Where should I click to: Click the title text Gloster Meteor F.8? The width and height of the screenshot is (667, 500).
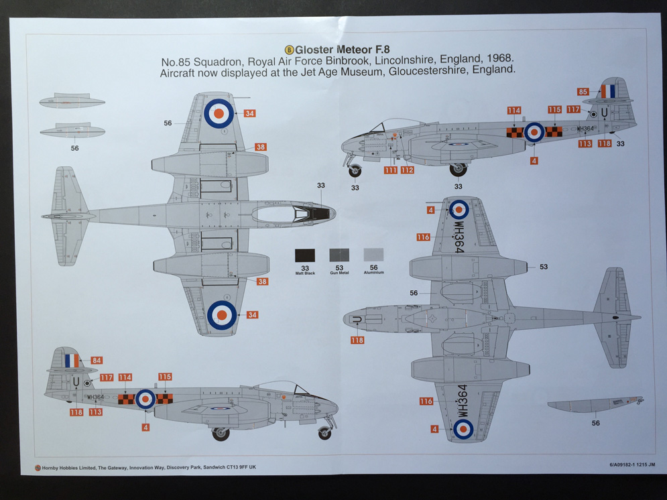(342, 49)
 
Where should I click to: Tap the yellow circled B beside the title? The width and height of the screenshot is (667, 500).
(290, 49)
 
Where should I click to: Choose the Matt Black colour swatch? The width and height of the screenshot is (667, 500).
(305, 255)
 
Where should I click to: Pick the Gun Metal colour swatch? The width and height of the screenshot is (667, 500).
(339, 255)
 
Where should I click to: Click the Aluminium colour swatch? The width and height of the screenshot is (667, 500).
(373, 255)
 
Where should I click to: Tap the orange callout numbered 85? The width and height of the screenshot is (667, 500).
(583, 91)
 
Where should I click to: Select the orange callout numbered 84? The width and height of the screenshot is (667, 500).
(96, 361)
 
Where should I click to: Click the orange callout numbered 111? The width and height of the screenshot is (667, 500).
(390, 170)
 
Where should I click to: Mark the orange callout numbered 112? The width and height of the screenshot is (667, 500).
(408, 170)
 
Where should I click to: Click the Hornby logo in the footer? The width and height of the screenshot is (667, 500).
(38, 468)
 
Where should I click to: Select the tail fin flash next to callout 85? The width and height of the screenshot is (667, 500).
(608, 90)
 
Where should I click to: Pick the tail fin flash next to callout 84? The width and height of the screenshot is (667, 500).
(71, 361)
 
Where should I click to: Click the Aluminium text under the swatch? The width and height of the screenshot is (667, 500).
(373, 273)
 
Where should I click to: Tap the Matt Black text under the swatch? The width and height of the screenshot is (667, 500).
(305, 273)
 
